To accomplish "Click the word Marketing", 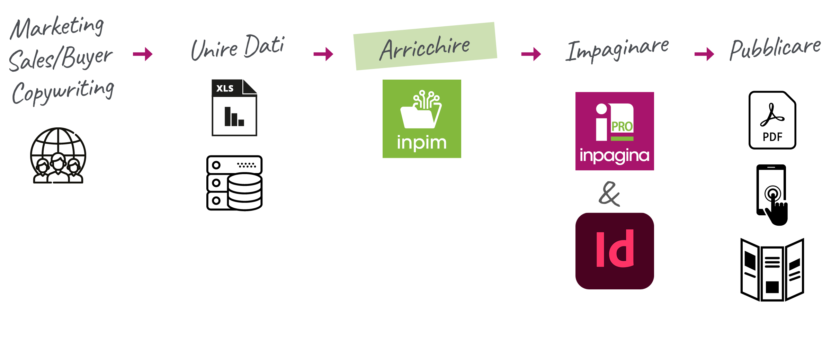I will click(57, 28).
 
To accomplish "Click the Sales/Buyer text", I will click(61, 58).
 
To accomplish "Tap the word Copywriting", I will click(63, 91).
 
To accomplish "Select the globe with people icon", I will click(58, 156).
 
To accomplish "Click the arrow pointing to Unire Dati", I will click(143, 54).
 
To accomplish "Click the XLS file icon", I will click(234, 108).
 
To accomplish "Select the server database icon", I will click(234, 183).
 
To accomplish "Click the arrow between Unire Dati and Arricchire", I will click(323, 54).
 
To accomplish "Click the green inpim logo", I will click(422, 119).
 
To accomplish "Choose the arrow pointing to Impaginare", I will click(531, 54).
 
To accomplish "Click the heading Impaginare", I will click(617, 50).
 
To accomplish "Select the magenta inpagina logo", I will click(615, 131).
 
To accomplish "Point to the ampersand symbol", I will click(609, 194).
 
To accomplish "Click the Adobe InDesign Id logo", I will click(615, 251).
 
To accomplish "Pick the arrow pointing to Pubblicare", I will click(704, 54).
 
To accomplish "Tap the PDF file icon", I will click(772, 120).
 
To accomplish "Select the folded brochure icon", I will click(772, 270).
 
